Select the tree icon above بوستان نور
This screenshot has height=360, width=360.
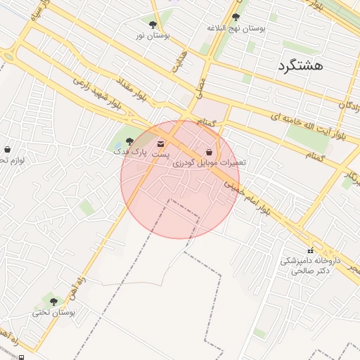pos(153,25)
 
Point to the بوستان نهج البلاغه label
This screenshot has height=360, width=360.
pos(236,28)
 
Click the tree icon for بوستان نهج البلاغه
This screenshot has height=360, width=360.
pos(235,18)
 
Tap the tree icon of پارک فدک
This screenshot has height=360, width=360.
pos(129,141)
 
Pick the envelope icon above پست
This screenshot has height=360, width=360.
pos(161,144)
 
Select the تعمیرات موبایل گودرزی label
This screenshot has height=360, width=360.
pos(209,162)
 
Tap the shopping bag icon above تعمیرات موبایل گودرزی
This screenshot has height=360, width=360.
pos(209,152)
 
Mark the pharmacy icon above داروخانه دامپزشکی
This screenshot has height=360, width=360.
pos(310,251)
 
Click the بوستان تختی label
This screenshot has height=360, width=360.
pos(53,312)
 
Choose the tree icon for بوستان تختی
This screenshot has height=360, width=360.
pos(53,302)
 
